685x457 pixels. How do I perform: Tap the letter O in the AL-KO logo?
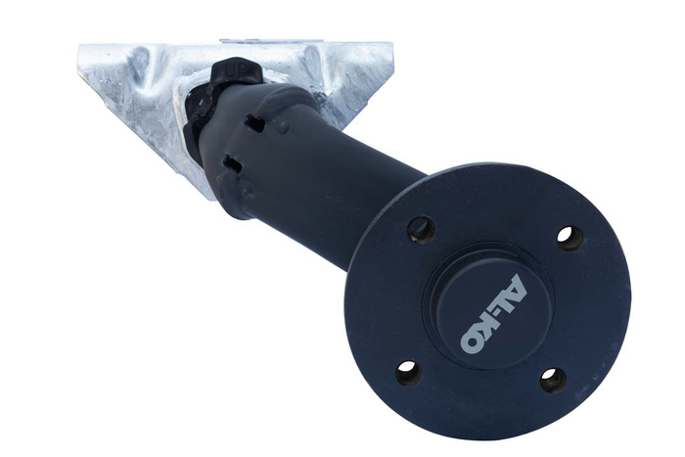[471, 343]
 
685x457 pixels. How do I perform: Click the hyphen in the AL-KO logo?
[496, 312]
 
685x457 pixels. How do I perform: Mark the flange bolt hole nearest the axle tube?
[421, 229]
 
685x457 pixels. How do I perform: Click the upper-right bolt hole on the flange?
[570, 238]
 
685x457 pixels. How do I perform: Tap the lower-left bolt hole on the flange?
[408, 372]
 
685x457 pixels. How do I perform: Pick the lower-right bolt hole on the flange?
[553, 379]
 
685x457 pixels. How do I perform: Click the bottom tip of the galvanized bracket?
[208, 195]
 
